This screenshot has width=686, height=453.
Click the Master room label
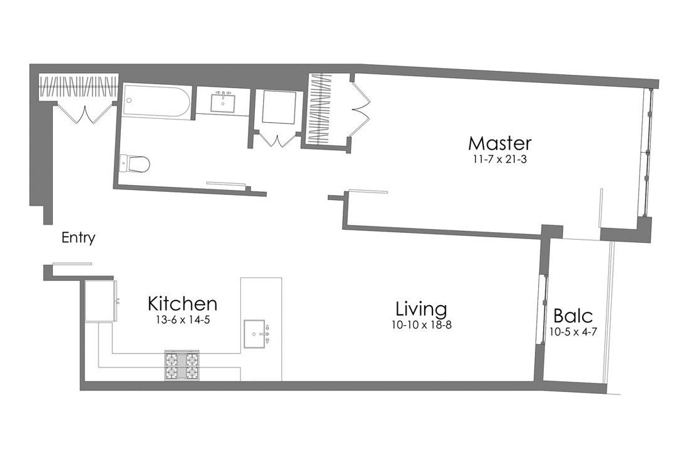pos(500,143)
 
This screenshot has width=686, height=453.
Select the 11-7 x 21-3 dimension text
pos(500,159)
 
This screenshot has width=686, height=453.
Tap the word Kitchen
pos(183,304)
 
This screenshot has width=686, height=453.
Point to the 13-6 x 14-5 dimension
pos(183,320)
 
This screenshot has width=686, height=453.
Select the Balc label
pos(573,315)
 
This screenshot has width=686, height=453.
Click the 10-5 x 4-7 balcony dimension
pos(573,332)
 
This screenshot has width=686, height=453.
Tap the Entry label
pos(79,238)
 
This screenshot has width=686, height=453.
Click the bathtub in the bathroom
pos(157,101)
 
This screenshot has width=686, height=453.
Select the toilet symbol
pos(135,164)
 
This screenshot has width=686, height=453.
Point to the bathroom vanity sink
pos(223,101)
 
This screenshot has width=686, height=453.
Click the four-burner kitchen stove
pos(182,365)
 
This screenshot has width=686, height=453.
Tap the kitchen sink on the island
pos(257,332)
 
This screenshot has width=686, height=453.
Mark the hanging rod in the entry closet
pos(78,86)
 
